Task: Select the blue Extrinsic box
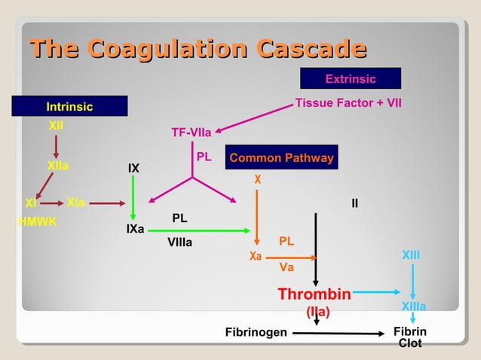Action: pyautogui.click(x=350, y=79)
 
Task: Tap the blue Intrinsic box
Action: pyautogui.click(x=69, y=107)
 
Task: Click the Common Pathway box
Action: pyautogui.click(x=281, y=158)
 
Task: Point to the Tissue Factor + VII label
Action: pyautogui.click(x=348, y=102)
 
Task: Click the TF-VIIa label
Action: pyautogui.click(x=191, y=133)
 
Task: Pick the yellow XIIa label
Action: pyautogui.click(x=58, y=165)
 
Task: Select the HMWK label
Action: pyautogui.click(x=38, y=222)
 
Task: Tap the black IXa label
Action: pyautogui.click(x=135, y=228)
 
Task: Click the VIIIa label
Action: pyautogui.click(x=179, y=243)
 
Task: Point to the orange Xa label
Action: pyautogui.click(x=256, y=257)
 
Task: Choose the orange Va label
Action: pyautogui.click(x=286, y=267)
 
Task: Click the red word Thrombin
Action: pyautogui.click(x=314, y=293)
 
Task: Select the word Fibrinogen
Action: pyautogui.click(x=256, y=332)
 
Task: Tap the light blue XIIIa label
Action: pyautogui.click(x=413, y=307)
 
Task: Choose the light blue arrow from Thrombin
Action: pyautogui.click(x=377, y=292)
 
